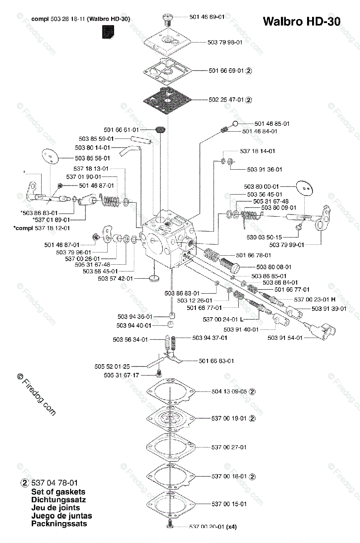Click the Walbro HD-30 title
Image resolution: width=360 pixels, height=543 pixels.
click(x=301, y=22)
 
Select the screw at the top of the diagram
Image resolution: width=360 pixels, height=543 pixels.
click(x=167, y=19)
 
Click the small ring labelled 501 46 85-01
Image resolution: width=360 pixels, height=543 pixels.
click(x=235, y=123)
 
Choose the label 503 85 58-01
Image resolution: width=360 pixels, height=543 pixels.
click(x=92, y=158)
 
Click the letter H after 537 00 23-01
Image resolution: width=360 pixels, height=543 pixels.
click(x=333, y=299)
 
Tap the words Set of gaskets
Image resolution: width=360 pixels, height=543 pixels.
click(x=58, y=491)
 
